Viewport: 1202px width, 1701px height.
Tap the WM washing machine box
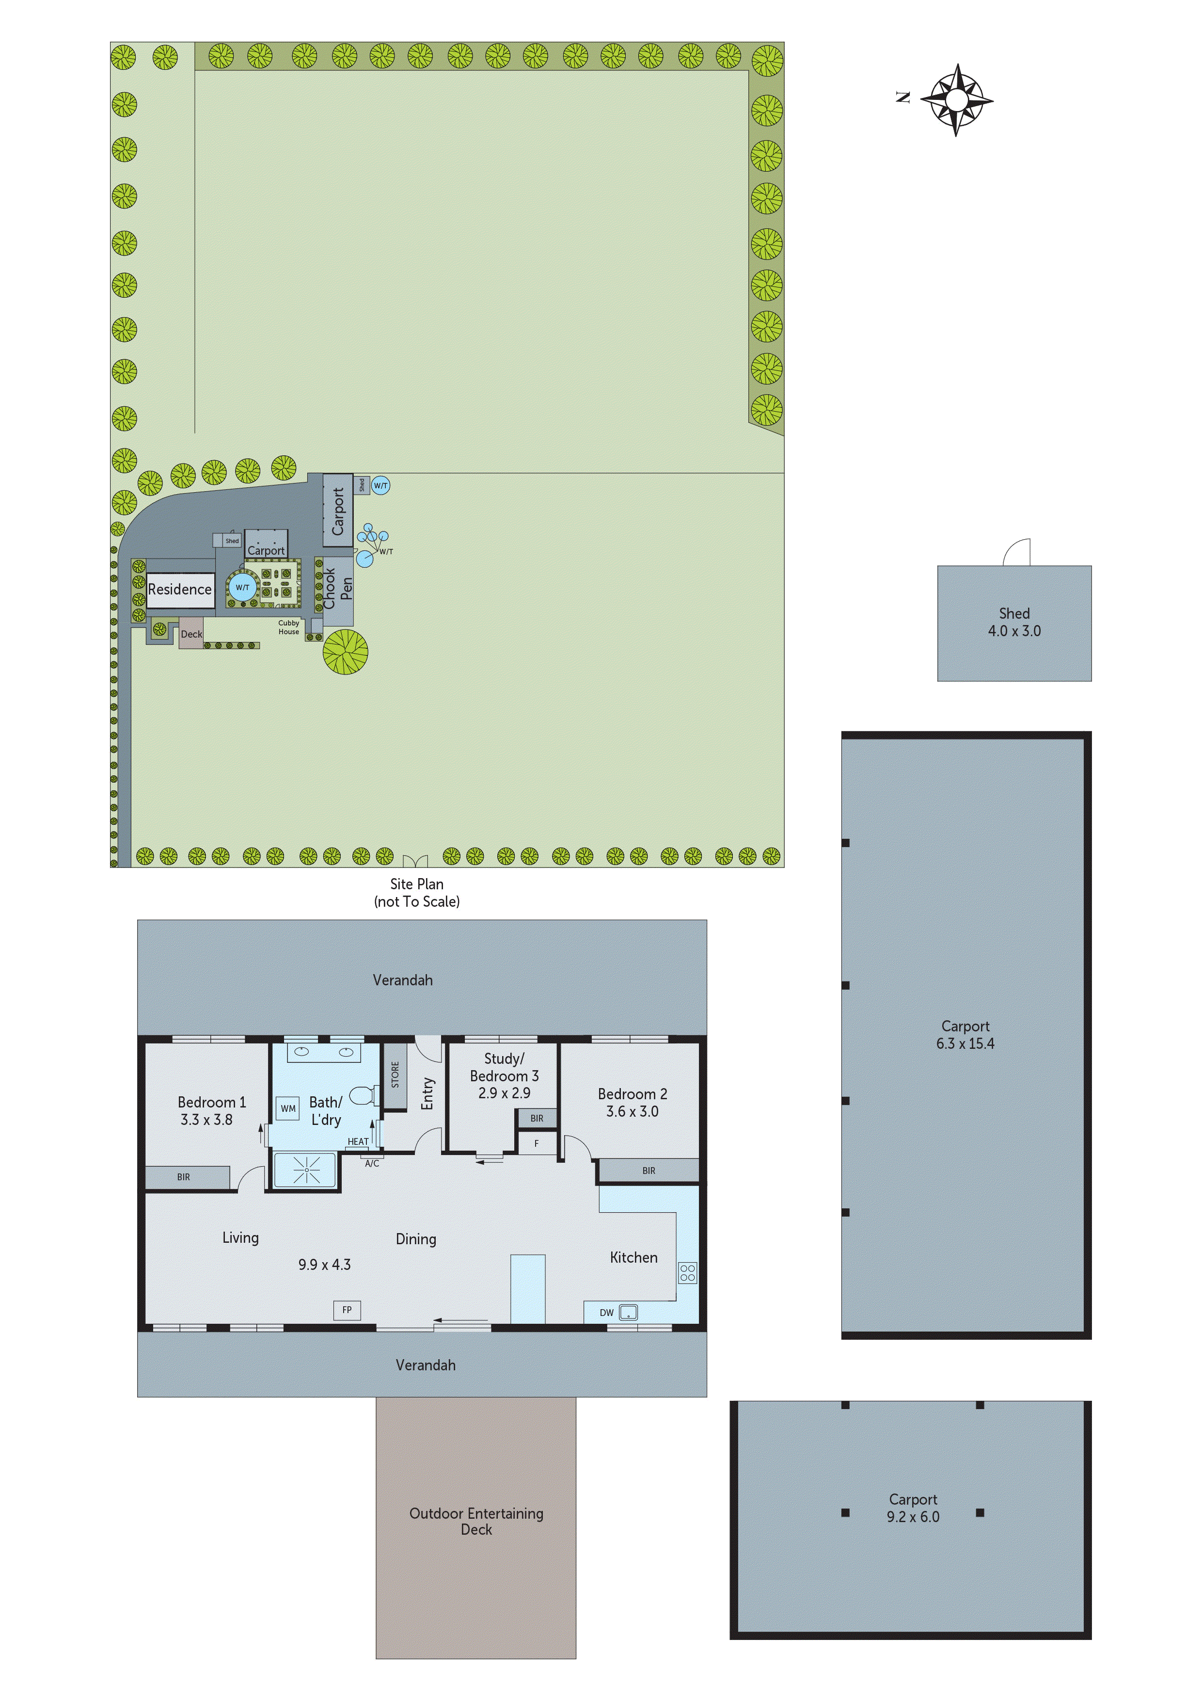coord(288,1108)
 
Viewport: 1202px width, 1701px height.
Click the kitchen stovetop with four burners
coord(687,1273)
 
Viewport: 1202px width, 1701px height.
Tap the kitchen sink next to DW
coord(628,1312)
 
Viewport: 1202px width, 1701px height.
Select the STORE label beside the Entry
coord(395,1075)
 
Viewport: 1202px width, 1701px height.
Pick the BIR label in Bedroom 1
coord(184,1176)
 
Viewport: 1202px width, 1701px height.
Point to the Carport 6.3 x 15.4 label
coord(965,1035)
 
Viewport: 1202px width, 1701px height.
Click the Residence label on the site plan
coord(180,590)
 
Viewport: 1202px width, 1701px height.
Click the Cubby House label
coord(289,627)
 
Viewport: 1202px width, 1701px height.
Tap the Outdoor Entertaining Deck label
coord(476,1521)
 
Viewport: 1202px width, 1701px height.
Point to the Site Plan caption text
coord(417,892)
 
